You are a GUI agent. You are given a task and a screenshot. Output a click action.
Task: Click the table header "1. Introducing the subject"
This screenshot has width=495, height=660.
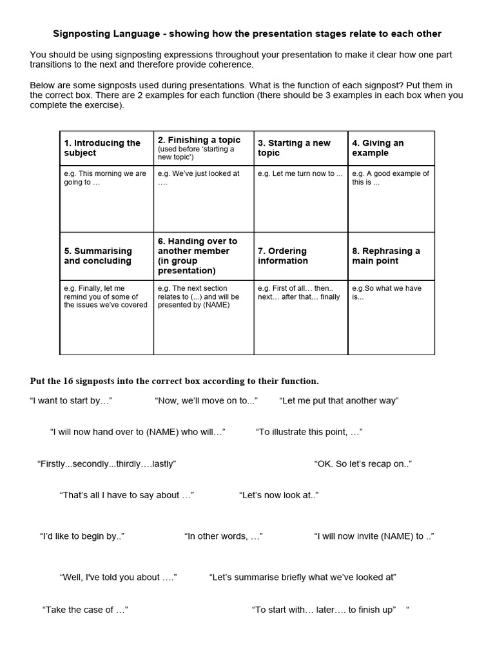pos(102,148)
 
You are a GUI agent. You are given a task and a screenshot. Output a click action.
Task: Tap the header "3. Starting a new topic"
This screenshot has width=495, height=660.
pos(294,148)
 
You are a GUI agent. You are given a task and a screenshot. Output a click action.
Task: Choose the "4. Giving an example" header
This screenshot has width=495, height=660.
pos(378,148)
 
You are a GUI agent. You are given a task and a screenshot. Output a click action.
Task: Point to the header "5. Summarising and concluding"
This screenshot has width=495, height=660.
pos(97,256)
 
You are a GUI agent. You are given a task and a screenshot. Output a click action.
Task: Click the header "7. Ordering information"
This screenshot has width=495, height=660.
pos(283,256)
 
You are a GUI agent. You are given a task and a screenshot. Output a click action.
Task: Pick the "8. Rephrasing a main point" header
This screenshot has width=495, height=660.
pos(386,256)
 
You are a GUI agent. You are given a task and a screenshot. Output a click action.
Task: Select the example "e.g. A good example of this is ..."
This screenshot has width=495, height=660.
pos(390,178)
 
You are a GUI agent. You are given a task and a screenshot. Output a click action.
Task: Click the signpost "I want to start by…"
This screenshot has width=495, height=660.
pos(71,401)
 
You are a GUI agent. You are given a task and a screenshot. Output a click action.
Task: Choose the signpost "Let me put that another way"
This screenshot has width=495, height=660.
pos(339,401)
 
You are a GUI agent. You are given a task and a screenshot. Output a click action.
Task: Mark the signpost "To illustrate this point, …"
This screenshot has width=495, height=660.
pos(309,432)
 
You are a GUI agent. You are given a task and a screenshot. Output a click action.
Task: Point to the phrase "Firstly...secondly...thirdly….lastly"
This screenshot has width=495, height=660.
pos(106,464)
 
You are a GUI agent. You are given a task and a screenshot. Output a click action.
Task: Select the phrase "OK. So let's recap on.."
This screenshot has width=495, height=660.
pos(363,464)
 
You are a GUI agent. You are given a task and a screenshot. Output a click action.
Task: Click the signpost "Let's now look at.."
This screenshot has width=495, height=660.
pos(278,495)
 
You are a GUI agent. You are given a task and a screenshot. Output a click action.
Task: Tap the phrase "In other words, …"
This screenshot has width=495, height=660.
pos(223,536)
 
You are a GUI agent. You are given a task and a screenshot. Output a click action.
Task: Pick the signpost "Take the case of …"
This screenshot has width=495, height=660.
pos(85,610)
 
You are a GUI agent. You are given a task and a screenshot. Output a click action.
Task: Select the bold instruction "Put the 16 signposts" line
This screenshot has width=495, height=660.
pos(174,381)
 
